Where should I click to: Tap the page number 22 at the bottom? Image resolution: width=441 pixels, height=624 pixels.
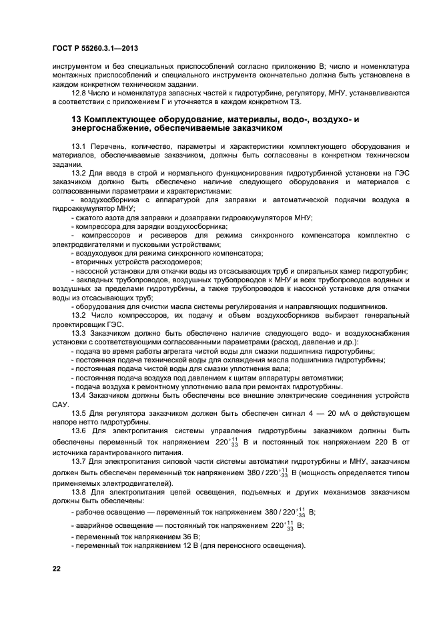tap(57, 567)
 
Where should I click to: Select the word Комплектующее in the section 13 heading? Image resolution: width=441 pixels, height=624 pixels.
tap(123, 119)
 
